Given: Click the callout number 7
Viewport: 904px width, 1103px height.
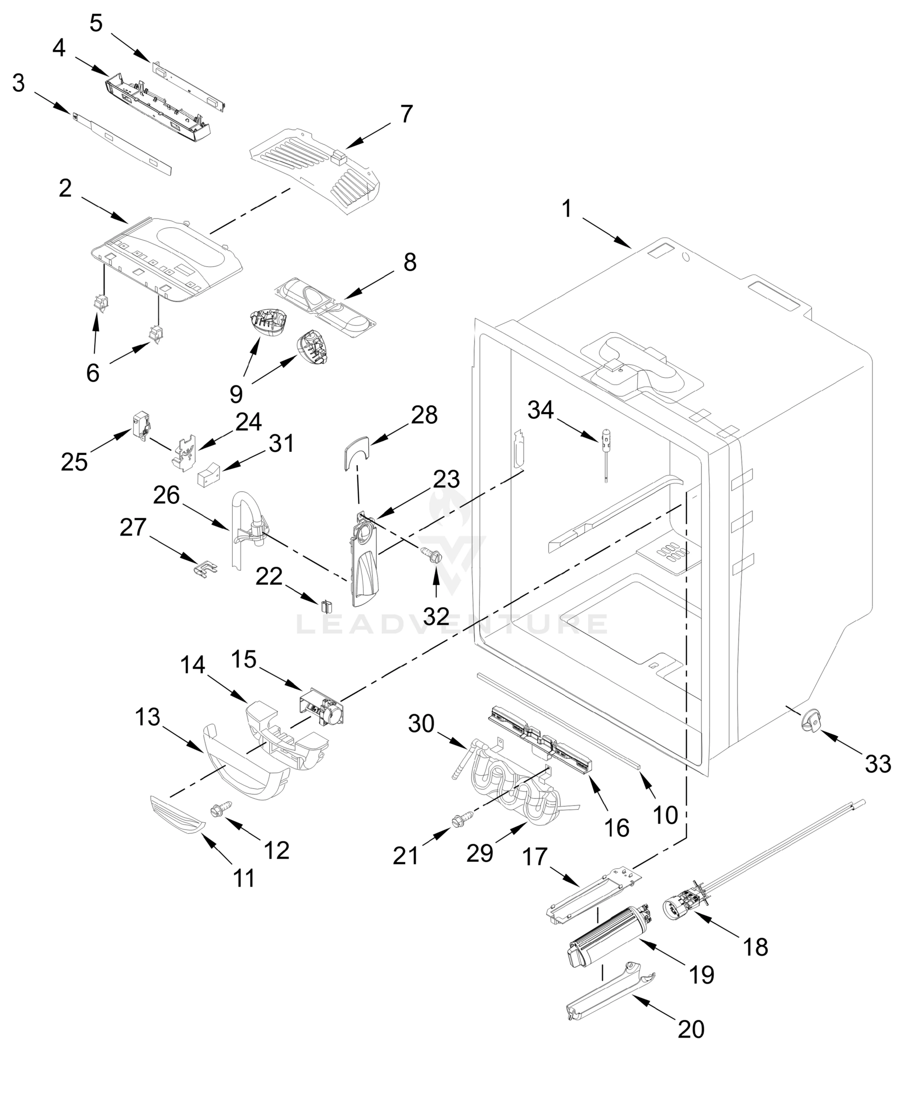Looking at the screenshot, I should tap(406, 114).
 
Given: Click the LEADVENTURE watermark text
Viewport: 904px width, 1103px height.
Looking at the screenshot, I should tap(452, 624).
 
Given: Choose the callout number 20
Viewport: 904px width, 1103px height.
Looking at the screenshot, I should tap(691, 1029).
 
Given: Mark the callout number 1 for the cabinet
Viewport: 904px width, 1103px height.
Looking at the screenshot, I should tap(567, 209).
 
